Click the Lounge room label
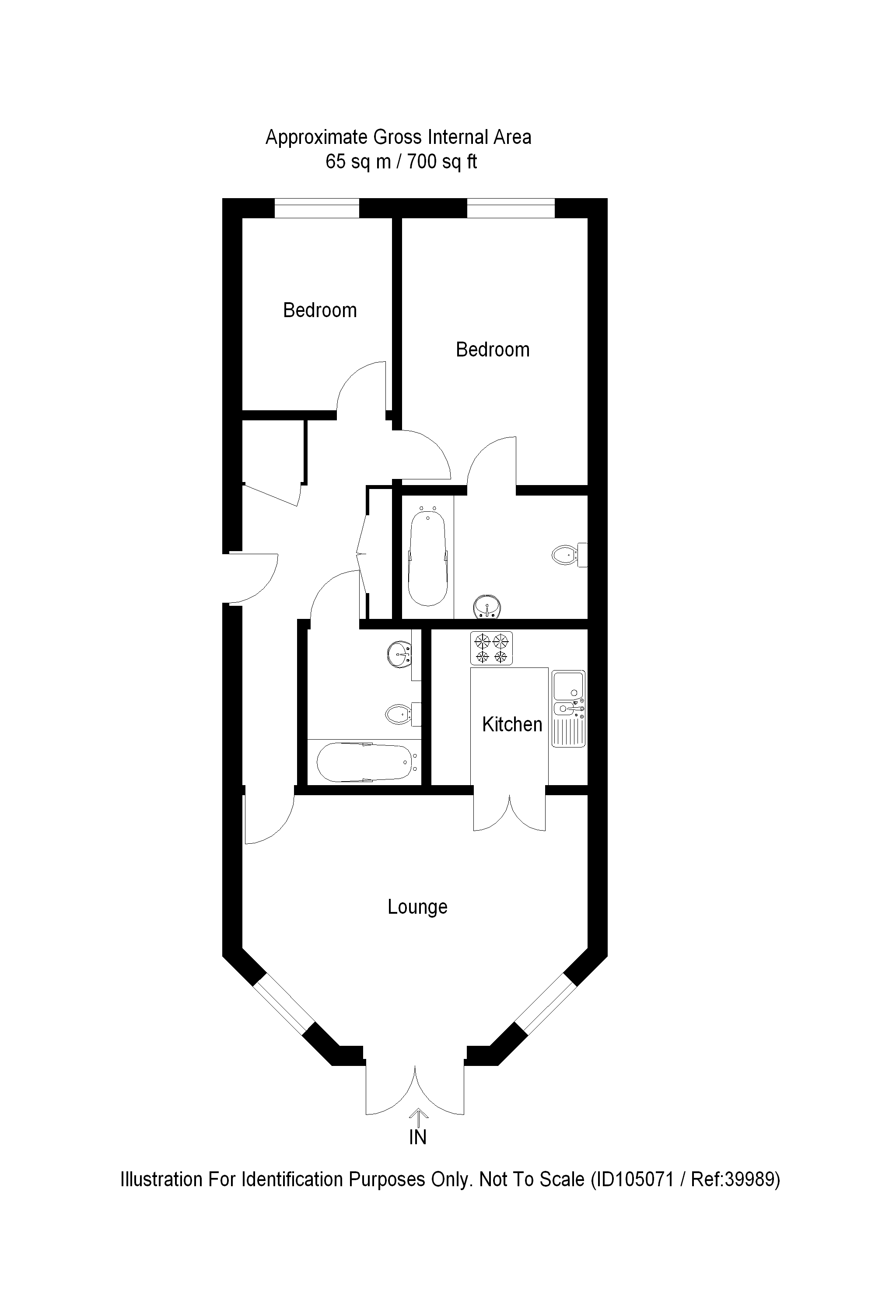pyautogui.click(x=417, y=907)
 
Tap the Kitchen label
pyautogui.click(x=512, y=724)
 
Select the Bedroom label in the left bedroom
pyautogui.click(x=320, y=310)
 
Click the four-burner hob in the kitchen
pyautogui.click(x=491, y=648)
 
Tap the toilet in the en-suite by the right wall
pyautogui.click(x=569, y=555)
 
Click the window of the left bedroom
pyautogui.click(x=316, y=208)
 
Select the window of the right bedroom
pyautogui.click(x=511, y=208)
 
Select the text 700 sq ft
pyautogui.click(x=442, y=162)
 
